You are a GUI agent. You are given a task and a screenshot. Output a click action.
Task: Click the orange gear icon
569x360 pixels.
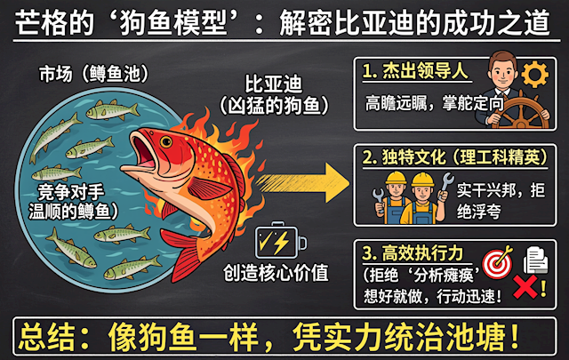pos(535,74)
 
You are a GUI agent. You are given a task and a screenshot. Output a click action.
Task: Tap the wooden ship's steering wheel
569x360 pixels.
pos(522,111)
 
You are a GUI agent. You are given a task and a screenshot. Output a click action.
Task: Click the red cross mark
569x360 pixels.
pos(525,287)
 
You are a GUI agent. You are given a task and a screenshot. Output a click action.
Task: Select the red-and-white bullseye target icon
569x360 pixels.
pos(497,263)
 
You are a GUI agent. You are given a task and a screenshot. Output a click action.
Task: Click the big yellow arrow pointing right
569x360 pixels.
pos(302,182)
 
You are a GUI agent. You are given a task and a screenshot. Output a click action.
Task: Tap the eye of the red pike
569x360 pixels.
pos(166,141)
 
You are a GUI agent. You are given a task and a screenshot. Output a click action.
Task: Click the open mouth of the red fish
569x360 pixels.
pos(144,152)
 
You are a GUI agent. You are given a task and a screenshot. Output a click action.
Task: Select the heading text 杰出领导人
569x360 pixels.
pos(425,70)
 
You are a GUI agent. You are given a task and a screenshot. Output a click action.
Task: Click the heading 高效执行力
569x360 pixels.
pos(422,253)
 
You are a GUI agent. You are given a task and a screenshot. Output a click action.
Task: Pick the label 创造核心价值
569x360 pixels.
pos(276,273)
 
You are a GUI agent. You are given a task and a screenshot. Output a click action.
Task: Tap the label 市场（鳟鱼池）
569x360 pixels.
pos(93,74)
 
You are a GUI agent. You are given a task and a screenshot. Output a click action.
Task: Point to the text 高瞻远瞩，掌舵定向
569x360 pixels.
pos(434,103)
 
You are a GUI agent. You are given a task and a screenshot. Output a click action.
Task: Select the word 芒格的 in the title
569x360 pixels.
pos(54,23)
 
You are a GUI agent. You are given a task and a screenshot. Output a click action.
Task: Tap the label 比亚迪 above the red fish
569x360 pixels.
pos(274,84)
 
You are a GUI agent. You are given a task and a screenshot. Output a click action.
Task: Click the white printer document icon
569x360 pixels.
pos(535,260)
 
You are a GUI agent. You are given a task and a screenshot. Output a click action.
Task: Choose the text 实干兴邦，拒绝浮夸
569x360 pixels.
pos(501,200)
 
